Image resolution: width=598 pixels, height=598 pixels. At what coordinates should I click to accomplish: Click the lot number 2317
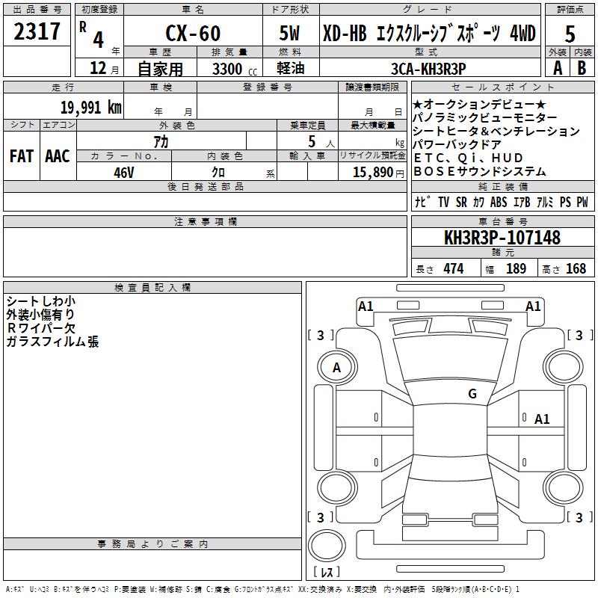[x=37, y=31]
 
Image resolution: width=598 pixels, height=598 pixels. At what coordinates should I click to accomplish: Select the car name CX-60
[x=193, y=33]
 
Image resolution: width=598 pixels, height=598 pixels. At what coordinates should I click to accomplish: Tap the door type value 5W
[x=290, y=33]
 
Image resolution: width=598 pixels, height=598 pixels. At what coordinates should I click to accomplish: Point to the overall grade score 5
[x=570, y=34]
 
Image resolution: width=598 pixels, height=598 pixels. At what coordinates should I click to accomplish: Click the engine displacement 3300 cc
[x=235, y=69]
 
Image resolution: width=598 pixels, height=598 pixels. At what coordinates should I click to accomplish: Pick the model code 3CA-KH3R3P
[x=428, y=69]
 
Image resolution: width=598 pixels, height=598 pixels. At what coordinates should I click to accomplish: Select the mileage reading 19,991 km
[x=91, y=108]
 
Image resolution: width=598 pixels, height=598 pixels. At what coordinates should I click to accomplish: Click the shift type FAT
[x=22, y=156]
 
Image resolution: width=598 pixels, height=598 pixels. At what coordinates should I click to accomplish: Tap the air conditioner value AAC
[x=58, y=156]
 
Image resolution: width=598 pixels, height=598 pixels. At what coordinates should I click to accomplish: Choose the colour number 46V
[x=124, y=173]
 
